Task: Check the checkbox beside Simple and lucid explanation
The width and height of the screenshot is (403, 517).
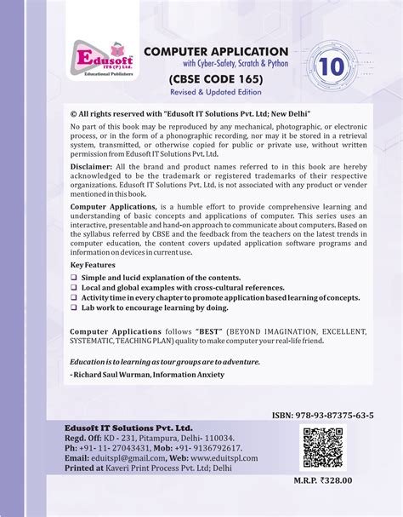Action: point(74,278)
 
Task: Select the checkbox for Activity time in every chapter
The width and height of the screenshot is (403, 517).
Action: point(74,297)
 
